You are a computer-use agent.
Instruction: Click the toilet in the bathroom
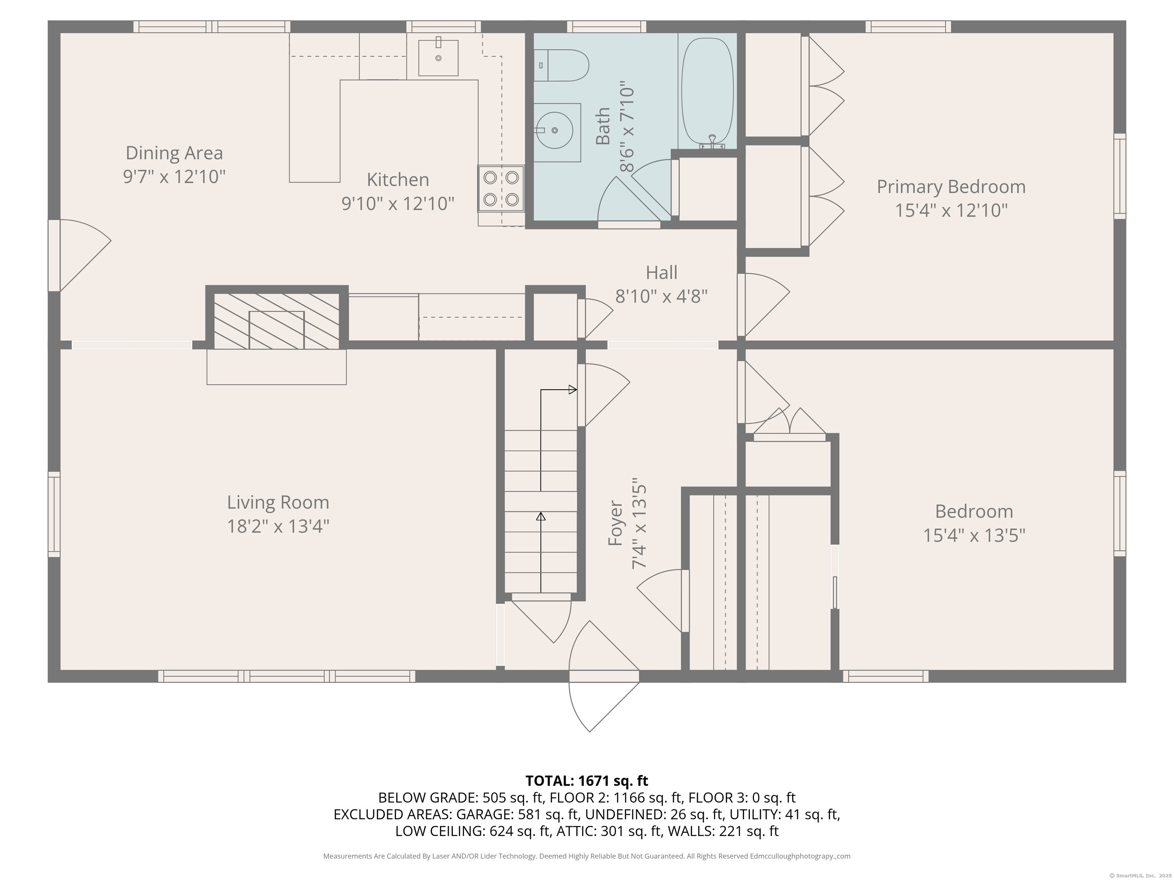pyautogui.click(x=561, y=65)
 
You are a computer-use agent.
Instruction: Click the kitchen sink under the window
pyautogui.click(x=438, y=57)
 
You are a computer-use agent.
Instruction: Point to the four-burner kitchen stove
pyautogui.click(x=501, y=189)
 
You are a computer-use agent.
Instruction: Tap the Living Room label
pyautogui.click(x=278, y=502)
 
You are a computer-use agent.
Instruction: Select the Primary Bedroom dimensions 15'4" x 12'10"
pyautogui.click(x=951, y=210)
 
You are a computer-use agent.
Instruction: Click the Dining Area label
pyautogui.click(x=174, y=153)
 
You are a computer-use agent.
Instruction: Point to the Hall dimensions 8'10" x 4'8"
pyautogui.click(x=661, y=296)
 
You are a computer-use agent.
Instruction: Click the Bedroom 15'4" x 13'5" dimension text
pyautogui.click(x=974, y=535)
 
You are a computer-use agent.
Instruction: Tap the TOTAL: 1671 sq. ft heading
pyautogui.click(x=587, y=781)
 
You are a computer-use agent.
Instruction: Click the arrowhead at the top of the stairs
pyautogui.click(x=573, y=390)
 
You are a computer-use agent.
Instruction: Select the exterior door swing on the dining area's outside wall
pyautogui.click(x=80, y=256)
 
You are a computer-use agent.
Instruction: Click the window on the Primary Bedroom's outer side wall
pyautogui.click(x=1119, y=176)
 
